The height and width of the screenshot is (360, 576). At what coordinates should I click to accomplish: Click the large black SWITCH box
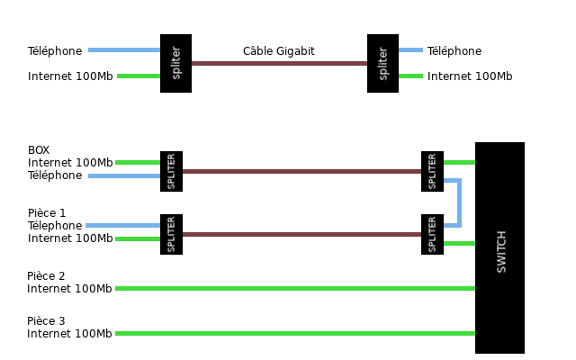(x=499, y=247)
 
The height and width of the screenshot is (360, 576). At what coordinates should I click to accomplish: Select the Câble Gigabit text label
(x=279, y=51)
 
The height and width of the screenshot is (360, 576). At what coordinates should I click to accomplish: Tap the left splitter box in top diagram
(x=175, y=63)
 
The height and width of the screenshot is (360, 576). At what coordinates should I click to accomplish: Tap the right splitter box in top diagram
(x=382, y=63)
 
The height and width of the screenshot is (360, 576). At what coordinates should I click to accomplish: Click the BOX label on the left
(x=39, y=150)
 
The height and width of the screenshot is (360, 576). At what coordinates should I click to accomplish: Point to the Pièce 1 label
(x=47, y=213)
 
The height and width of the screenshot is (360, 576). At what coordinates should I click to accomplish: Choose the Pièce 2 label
(x=46, y=276)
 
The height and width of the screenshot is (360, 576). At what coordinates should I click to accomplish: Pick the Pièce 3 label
(x=46, y=321)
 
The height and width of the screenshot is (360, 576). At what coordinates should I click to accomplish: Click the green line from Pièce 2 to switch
(x=297, y=288)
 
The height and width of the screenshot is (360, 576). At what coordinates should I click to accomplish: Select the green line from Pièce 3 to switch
(x=297, y=333)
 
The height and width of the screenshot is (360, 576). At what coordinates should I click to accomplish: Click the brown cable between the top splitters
(x=279, y=63)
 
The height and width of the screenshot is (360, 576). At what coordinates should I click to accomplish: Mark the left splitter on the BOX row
(x=171, y=171)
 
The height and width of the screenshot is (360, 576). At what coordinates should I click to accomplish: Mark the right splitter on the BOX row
(x=432, y=171)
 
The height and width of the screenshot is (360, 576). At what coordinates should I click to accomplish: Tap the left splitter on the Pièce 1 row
(x=171, y=234)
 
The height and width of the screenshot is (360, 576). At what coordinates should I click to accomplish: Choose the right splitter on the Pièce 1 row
(x=432, y=234)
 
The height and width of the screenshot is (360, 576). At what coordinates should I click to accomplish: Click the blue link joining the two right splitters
(x=459, y=202)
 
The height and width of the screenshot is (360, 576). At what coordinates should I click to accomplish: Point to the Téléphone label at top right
(x=454, y=51)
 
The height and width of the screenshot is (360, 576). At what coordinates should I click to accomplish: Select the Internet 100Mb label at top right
(x=470, y=76)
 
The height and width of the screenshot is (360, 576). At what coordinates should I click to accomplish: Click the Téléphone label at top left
(x=55, y=51)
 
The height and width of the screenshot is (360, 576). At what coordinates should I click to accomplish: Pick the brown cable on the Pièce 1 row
(x=301, y=234)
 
